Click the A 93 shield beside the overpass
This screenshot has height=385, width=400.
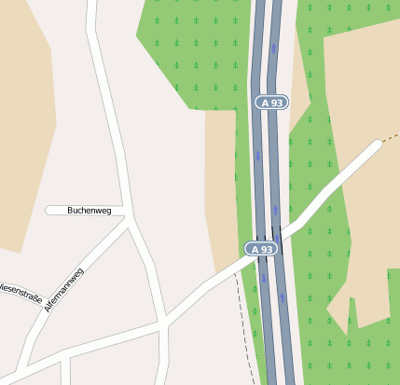262,250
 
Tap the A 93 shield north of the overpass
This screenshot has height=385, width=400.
270,103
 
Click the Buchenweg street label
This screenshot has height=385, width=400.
89,211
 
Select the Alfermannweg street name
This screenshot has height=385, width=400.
63,289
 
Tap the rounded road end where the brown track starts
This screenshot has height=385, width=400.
377,144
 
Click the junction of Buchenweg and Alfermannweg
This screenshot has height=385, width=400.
130,221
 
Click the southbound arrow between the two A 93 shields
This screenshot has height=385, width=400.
258,157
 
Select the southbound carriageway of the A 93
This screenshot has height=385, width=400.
259,186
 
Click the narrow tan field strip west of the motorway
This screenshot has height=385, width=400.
220,186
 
